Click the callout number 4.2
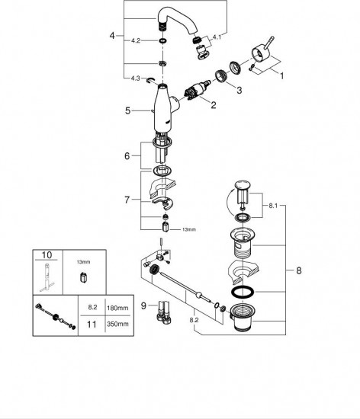tap(136, 40)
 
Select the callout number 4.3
tap(135, 78)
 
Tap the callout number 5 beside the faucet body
tap(128, 110)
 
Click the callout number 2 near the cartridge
tap(213, 105)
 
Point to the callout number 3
tap(239, 91)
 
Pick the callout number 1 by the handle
tap(281, 76)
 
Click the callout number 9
tap(143, 305)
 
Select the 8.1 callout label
tap(273, 206)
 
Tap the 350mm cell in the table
tap(117, 324)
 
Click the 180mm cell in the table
tap(117, 308)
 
